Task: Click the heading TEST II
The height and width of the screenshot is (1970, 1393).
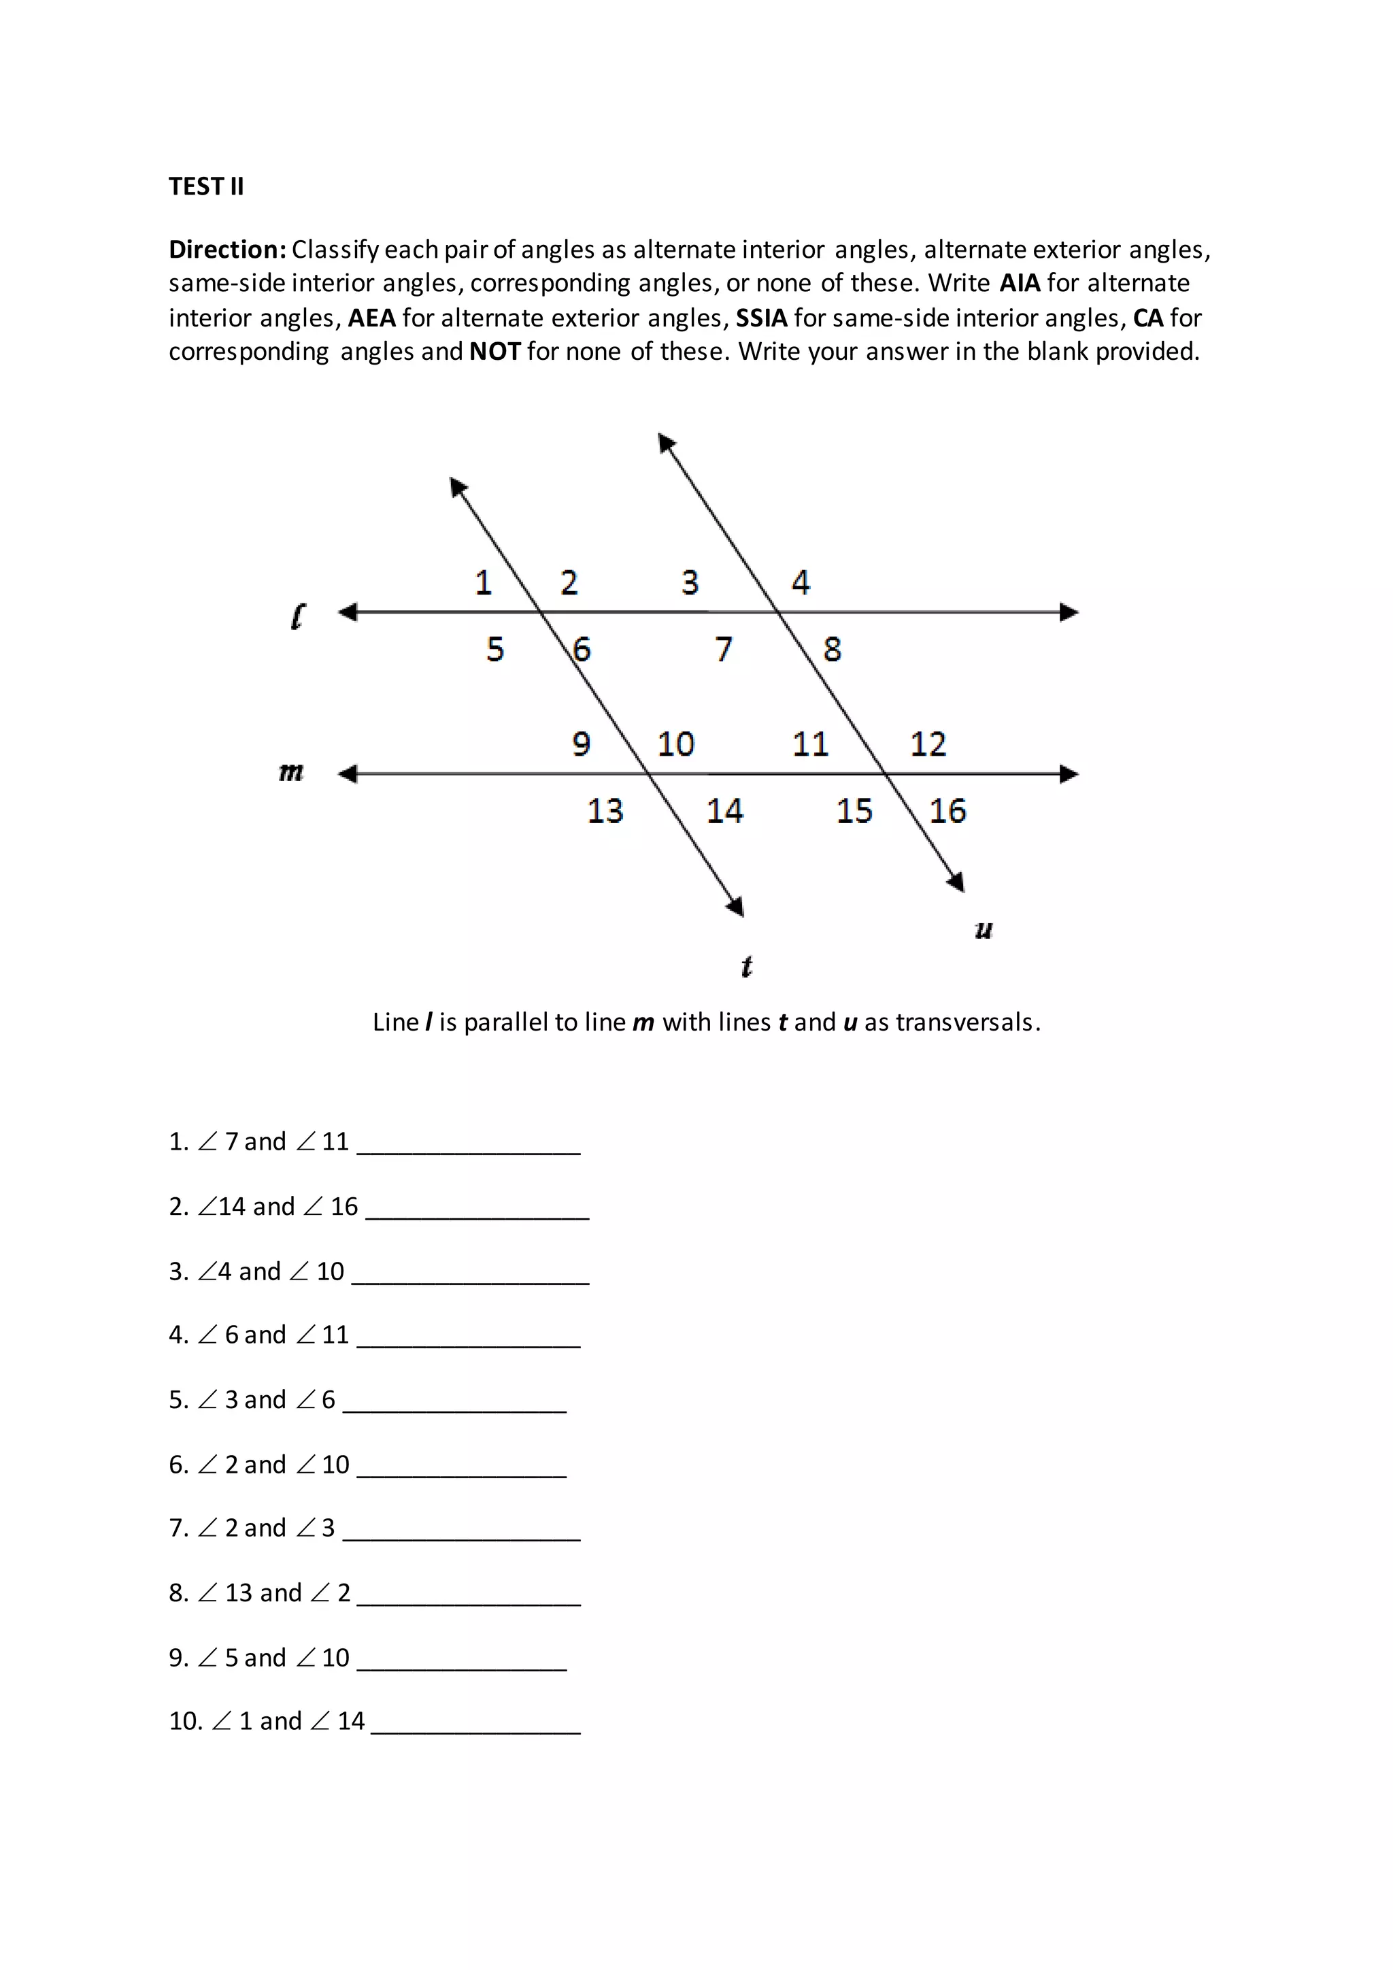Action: [x=206, y=186]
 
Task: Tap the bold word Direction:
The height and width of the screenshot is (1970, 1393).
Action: [x=227, y=250]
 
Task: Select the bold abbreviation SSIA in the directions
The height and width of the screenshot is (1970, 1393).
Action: [x=761, y=318]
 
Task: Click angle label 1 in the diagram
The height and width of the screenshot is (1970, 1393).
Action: [x=484, y=584]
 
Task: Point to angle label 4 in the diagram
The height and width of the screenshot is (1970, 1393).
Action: [x=801, y=584]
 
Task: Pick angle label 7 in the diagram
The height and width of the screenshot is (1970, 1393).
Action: [x=724, y=650]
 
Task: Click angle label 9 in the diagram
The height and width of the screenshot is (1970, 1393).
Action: [x=582, y=744]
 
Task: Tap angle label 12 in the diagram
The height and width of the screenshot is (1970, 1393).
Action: [x=928, y=744]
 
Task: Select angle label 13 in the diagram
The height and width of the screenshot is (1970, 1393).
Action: [x=605, y=811]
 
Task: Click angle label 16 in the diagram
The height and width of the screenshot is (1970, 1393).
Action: [x=947, y=811]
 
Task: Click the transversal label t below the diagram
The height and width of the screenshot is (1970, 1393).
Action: [x=746, y=967]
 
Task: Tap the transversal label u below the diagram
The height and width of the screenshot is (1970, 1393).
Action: [x=984, y=929]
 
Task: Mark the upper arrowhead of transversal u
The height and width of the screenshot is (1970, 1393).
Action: [x=667, y=443]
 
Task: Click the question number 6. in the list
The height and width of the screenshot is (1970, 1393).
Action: [x=178, y=1465]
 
